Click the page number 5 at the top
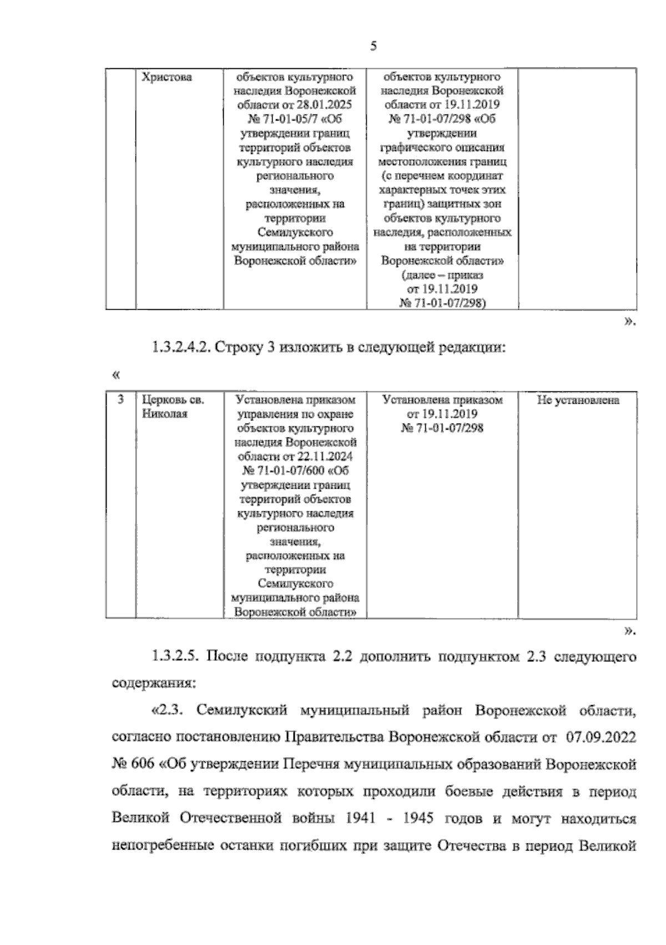(373, 47)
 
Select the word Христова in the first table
(167, 77)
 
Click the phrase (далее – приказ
(442, 275)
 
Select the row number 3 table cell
(120, 400)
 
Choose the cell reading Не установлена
(578, 400)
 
